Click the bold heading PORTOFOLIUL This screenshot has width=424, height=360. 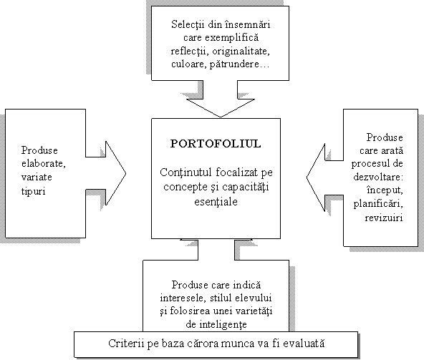(x=216, y=144)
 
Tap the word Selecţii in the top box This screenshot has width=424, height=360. (x=188, y=24)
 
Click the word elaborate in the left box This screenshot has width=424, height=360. (x=43, y=164)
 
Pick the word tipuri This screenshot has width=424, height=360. (x=33, y=191)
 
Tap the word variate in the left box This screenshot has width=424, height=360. (x=37, y=177)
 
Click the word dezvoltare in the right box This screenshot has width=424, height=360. (x=378, y=177)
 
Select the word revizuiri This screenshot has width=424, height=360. (x=384, y=218)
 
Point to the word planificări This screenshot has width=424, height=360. (x=378, y=204)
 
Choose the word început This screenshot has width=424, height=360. (x=385, y=190)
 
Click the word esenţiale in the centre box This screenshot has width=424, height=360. (x=216, y=202)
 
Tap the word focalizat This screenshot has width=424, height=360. (x=236, y=172)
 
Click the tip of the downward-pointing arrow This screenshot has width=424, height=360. (x=221, y=117)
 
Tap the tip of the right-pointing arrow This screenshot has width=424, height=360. (x=126, y=173)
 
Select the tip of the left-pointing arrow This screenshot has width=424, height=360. (x=307, y=177)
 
